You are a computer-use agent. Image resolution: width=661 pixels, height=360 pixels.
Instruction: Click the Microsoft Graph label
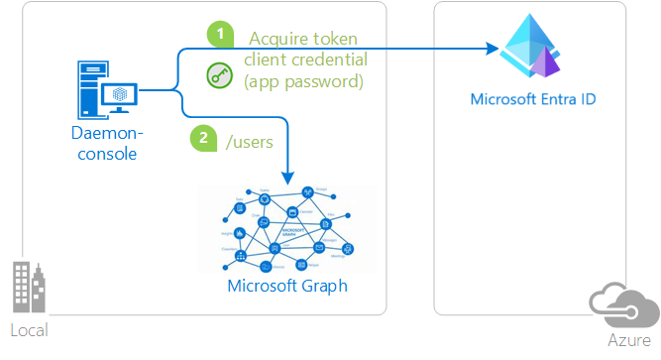pyautogui.click(x=286, y=287)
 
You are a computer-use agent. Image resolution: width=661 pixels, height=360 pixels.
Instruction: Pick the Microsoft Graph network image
pyautogui.click(x=286, y=230)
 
